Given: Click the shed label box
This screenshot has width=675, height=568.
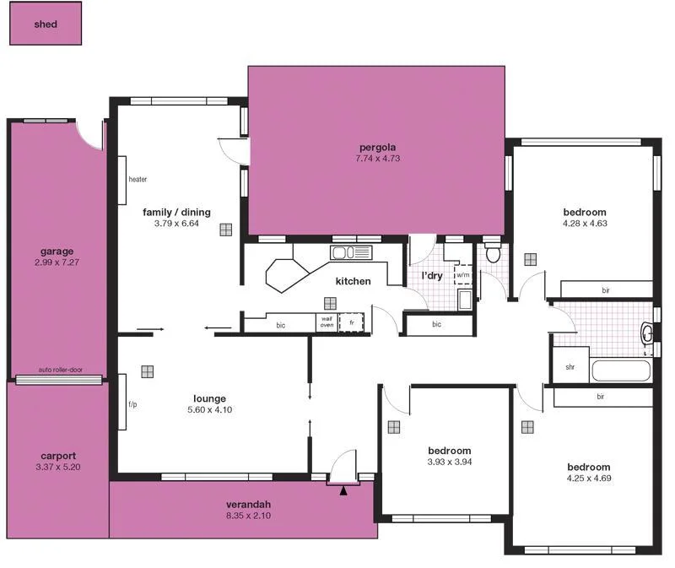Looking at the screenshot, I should [46, 24].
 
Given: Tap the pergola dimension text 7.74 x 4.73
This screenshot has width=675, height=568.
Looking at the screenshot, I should [376, 159].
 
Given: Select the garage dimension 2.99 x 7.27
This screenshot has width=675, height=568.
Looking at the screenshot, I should [57, 262].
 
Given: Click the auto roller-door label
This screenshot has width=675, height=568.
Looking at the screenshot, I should [61, 370].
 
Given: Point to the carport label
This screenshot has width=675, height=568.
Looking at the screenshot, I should [57, 455].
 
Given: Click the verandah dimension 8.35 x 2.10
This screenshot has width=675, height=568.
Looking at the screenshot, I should [248, 516].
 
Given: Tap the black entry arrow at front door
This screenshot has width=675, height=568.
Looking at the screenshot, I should [343, 489].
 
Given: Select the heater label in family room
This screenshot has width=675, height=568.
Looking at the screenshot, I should [138, 180].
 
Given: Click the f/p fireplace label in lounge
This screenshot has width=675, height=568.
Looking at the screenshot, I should [132, 404].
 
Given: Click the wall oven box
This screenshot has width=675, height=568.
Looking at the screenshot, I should [326, 322].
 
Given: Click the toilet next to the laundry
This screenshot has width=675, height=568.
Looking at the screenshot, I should [494, 253].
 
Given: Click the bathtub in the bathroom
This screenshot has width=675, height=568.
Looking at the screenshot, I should [620, 371].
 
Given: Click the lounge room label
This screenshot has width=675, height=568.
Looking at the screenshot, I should [209, 398].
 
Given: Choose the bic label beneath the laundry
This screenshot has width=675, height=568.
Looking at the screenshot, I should [436, 324].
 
